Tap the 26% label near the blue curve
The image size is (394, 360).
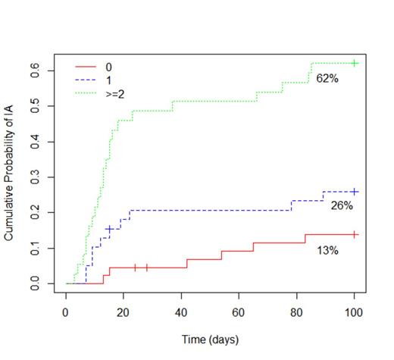(x=342, y=205)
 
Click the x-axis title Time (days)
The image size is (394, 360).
(x=209, y=340)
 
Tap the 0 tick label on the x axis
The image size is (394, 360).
(x=66, y=311)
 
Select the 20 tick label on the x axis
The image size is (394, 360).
(x=124, y=311)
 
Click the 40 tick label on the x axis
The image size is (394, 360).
(x=181, y=311)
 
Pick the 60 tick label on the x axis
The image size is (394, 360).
(x=239, y=311)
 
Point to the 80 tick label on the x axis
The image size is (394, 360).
(x=297, y=311)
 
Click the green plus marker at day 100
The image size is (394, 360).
(x=355, y=63)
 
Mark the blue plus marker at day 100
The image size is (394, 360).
(x=355, y=192)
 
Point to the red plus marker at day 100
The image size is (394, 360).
(x=355, y=234)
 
